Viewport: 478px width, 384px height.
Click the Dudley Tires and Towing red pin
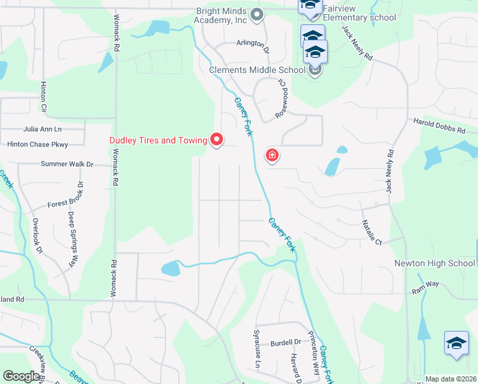tap(217, 139)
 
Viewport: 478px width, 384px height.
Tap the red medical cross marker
tap(272, 155)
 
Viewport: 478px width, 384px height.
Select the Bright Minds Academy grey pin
tap(257, 14)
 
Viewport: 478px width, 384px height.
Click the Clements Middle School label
tap(257, 70)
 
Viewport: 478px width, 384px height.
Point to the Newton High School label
tap(434, 263)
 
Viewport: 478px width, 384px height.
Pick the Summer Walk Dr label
tap(66, 164)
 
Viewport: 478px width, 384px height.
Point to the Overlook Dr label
tap(38, 237)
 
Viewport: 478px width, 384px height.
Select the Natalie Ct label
tap(371, 233)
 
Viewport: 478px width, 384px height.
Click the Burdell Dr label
tap(285, 342)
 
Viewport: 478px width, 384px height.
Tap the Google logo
tap(22, 376)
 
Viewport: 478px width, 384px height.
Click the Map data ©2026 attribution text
tap(451, 379)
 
